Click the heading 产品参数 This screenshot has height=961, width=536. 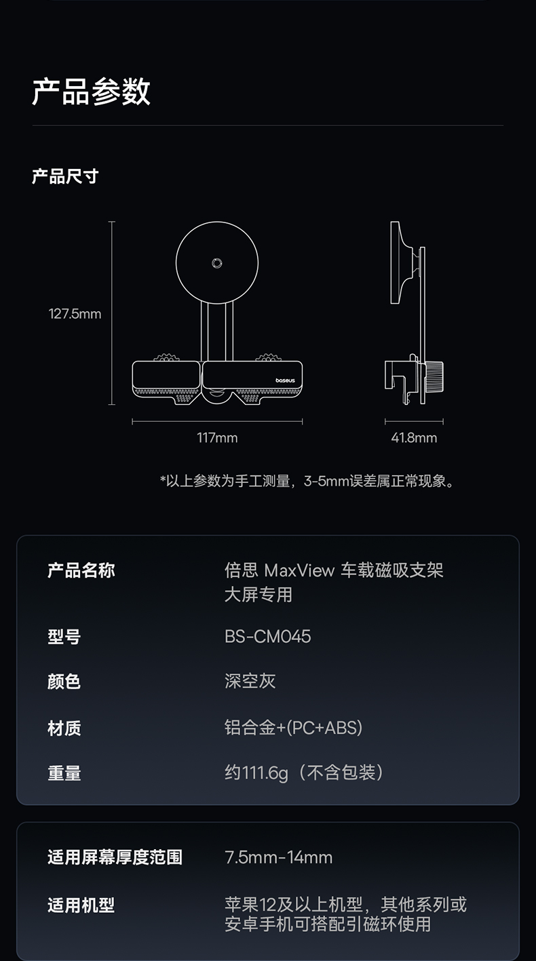tap(91, 92)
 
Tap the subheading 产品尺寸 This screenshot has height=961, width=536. tap(65, 177)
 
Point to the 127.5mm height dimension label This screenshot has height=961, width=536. tap(75, 314)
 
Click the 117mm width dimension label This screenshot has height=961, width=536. tap(217, 438)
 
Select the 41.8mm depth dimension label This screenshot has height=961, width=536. tap(414, 438)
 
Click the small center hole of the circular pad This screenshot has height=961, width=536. tap(216, 263)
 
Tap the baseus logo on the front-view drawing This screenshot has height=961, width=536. tap(285, 383)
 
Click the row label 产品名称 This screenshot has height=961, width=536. tap(81, 570)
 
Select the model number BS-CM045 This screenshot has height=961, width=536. tap(268, 636)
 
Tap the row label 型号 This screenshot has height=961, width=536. tap(64, 637)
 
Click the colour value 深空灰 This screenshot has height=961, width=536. tap(250, 681)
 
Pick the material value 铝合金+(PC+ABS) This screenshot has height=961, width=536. tap(294, 728)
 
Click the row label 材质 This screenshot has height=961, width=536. tap(64, 728)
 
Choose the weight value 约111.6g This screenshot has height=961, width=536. tap(256, 772)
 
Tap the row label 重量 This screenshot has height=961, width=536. tap(64, 773)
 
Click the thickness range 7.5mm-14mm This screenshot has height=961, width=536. tap(279, 857)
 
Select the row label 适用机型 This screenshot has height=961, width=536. tap(81, 905)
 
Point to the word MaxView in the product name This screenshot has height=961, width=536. tap(299, 570)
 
